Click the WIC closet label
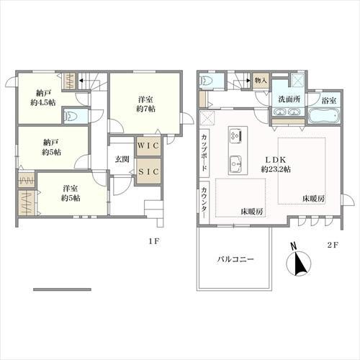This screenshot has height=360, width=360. (148, 145)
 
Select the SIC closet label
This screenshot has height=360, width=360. (148, 171)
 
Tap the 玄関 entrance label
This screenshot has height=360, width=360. (122, 159)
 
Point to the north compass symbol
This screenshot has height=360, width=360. (299, 261)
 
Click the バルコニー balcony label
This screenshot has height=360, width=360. (235, 259)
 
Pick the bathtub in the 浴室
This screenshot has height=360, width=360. (324, 116)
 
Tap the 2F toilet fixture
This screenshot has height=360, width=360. (206, 81)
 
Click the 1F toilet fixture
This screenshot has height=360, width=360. (71, 115)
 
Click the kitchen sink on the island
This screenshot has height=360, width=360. (235, 164)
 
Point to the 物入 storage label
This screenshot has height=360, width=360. (261, 80)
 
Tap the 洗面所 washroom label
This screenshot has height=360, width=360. (289, 99)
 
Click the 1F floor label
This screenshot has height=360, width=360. (154, 241)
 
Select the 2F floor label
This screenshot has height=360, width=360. (333, 245)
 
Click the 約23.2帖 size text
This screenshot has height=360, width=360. (276, 169)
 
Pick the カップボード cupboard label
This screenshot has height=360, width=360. (204, 153)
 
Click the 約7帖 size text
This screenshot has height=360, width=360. (145, 109)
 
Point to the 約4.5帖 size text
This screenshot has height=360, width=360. (43, 102)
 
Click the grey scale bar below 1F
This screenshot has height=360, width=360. (62, 289)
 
